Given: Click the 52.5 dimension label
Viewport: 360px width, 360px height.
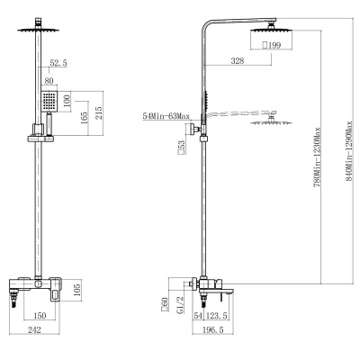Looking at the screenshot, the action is [58, 63].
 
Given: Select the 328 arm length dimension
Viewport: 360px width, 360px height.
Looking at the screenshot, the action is [238, 61].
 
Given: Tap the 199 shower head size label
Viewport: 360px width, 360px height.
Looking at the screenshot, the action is [272, 45].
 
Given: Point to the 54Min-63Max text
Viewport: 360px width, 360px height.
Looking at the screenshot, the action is [166, 116].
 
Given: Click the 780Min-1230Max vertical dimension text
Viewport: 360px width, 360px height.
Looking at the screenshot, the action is [317, 157].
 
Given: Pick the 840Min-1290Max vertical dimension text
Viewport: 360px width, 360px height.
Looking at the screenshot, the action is [348, 151].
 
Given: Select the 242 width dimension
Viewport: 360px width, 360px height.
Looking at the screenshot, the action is [34, 330].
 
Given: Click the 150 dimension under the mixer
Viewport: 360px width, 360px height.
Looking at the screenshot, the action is [40, 316].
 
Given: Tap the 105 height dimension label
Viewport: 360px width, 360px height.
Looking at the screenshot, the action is [77, 289].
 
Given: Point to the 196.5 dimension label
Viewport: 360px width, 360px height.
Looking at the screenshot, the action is [213, 330].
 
